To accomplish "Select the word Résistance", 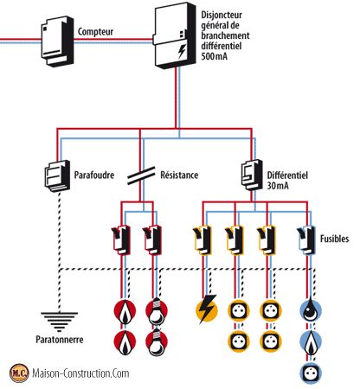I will click(x=179, y=175).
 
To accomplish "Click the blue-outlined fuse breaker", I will click(x=305, y=239).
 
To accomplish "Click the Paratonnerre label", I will click(x=55, y=340).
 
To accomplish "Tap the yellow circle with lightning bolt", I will click(x=208, y=310).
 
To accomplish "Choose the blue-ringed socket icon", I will click(x=311, y=373).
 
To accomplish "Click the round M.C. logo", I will click(x=18, y=373).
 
